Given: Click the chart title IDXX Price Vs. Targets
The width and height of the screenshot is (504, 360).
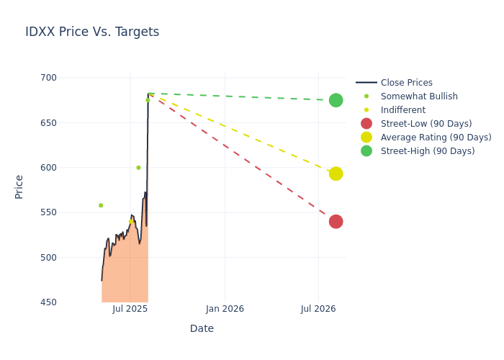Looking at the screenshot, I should pos(92,32).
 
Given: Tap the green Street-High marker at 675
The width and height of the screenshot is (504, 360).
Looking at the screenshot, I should pos(336,100).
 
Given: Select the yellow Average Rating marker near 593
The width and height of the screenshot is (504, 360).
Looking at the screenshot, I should pos(336,174).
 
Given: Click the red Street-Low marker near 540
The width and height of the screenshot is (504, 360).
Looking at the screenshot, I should pos(336,221).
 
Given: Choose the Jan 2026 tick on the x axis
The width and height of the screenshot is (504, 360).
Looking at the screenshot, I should pos(225,309).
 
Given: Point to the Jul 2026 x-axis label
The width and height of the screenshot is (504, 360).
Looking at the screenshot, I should pos(318,309).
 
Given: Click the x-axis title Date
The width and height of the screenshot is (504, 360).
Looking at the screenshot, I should pos(202,329).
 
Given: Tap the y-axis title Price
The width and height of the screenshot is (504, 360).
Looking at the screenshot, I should pos(19,186).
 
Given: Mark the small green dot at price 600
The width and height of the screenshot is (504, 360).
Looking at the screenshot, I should pos(138,168).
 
